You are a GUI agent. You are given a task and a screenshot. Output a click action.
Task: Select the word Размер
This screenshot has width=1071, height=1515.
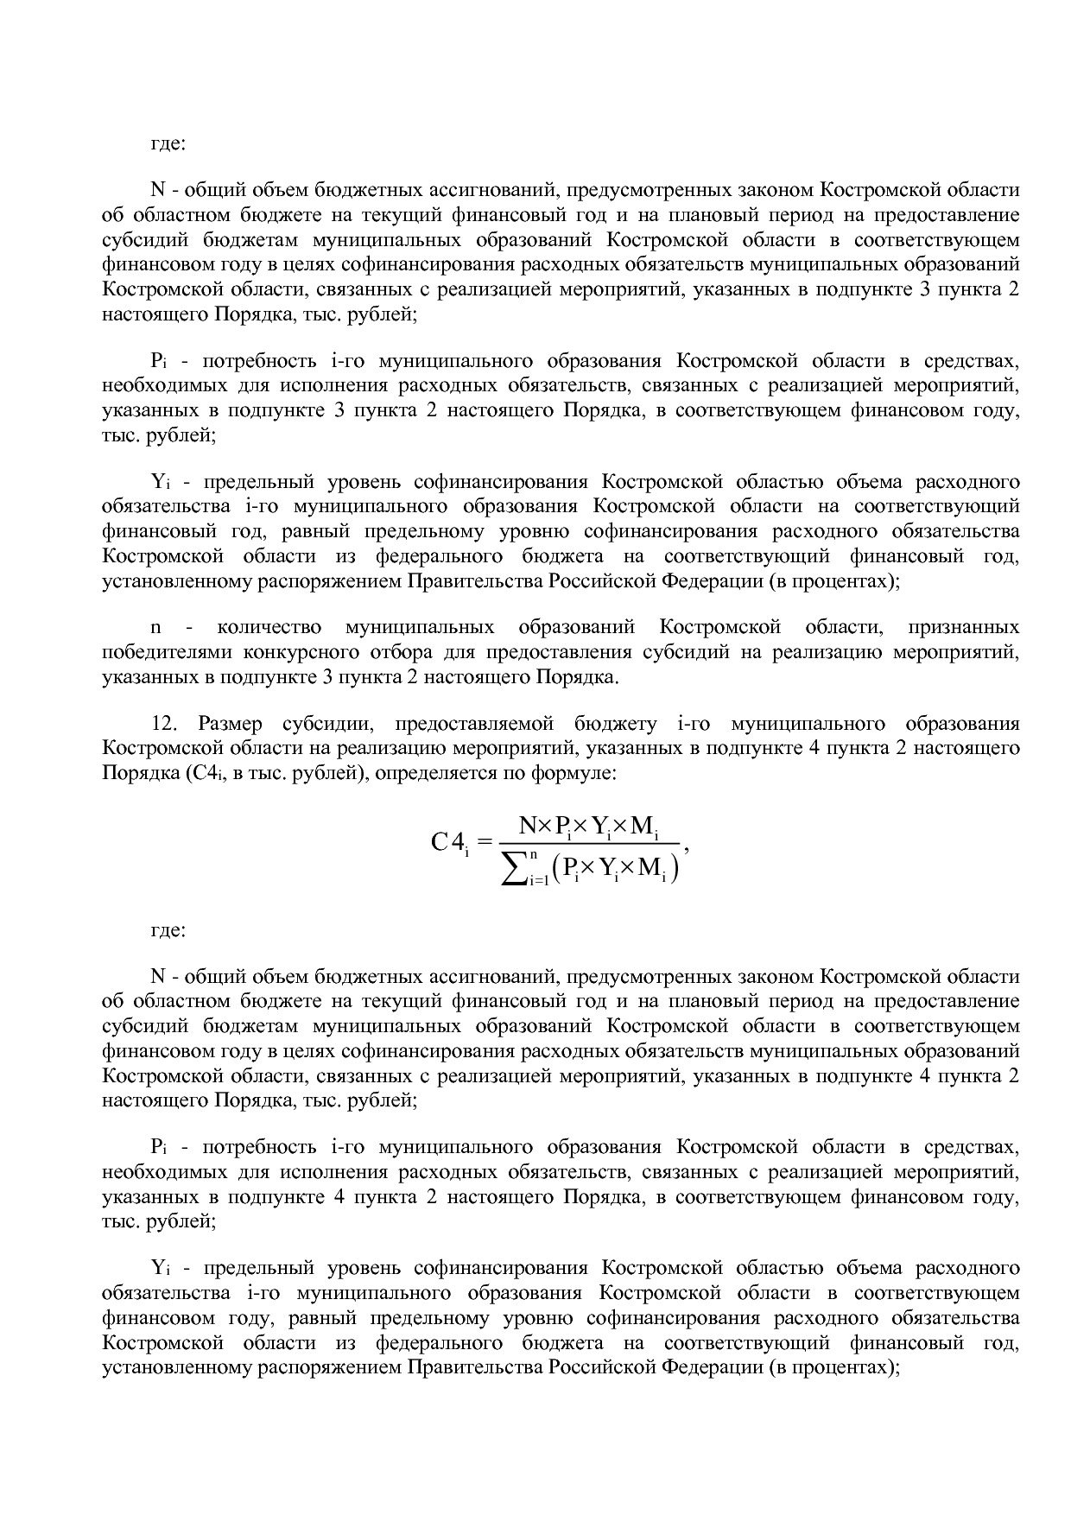(x=226, y=723)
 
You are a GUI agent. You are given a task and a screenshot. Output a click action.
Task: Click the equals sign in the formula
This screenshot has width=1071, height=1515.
(x=484, y=840)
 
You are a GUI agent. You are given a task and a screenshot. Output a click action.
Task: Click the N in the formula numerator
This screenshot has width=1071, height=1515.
(x=528, y=826)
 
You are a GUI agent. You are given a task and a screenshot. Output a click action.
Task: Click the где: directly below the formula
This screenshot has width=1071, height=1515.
(x=168, y=930)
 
